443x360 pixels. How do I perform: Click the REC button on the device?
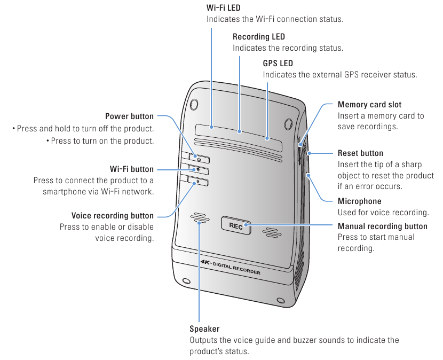tap(235, 225)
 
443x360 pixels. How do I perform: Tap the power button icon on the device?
tap(198, 159)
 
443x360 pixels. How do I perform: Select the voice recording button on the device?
tap(198, 182)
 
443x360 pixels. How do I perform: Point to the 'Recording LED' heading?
tap(259, 37)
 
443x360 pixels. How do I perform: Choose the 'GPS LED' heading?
tap(278, 64)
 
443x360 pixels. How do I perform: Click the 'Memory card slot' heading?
tap(369, 105)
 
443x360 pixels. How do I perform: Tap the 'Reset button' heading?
tap(360, 153)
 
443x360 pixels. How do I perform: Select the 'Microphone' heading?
tap(360, 201)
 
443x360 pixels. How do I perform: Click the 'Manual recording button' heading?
tap(383, 226)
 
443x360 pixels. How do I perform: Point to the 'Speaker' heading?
tap(204, 329)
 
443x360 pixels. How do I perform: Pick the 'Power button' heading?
tap(129, 116)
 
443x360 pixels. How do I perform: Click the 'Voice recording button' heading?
tap(113, 216)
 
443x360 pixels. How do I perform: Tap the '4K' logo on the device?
tap(207, 262)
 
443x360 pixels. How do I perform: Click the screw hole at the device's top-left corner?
tap(195, 103)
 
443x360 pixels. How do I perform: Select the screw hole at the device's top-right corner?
tap(289, 123)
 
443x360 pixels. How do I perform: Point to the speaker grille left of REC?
tap(200, 220)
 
